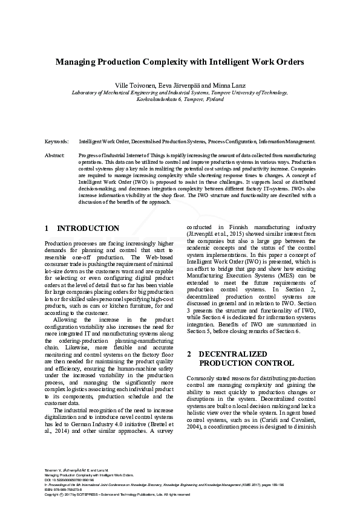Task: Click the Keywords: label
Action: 57,141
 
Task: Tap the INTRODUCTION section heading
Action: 88,229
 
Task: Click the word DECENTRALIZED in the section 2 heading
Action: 232,353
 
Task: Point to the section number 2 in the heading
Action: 189,353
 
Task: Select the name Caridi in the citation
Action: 259,418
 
